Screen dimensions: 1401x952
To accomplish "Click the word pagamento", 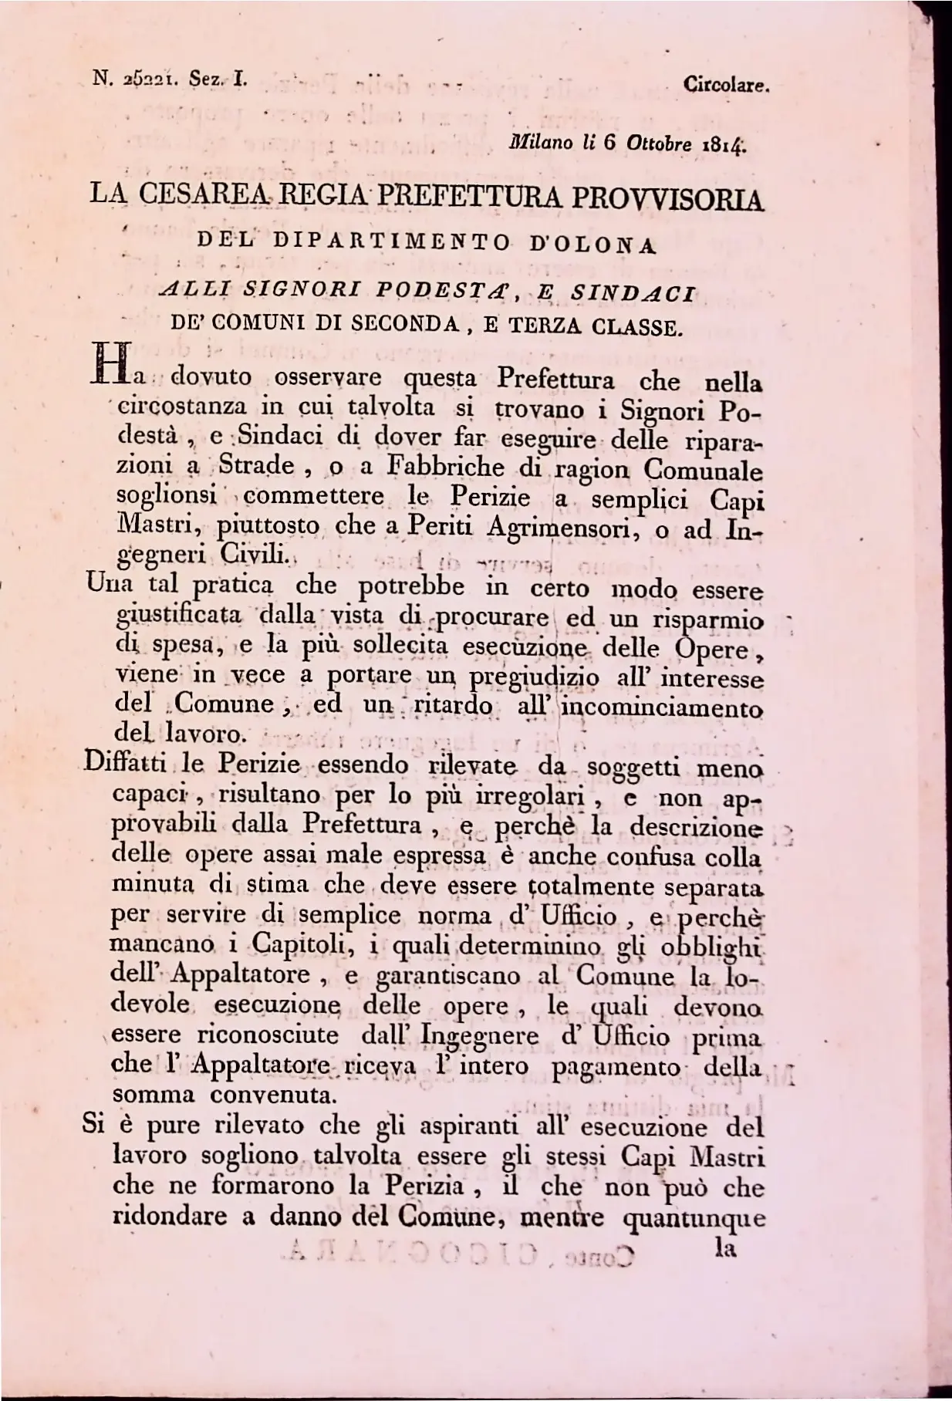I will tap(618, 1067).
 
